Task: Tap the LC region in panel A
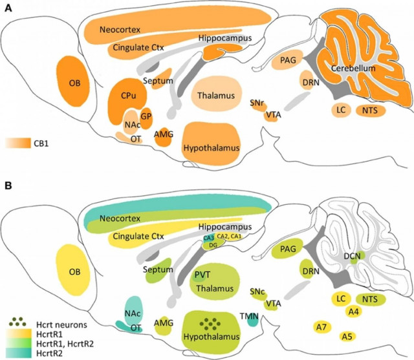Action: pyautogui.click(x=341, y=110)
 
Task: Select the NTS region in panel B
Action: pyautogui.click(x=370, y=299)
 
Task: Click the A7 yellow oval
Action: pyautogui.click(x=321, y=326)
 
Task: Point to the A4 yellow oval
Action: pyautogui.click(x=353, y=312)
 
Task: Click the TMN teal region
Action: pyautogui.click(x=254, y=318)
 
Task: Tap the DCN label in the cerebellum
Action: pyautogui.click(x=353, y=257)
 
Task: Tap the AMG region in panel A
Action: pyautogui.click(x=164, y=134)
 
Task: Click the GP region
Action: pyautogui.click(x=146, y=116)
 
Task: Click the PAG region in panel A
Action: pyautogui.click(x=288, y=61)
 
